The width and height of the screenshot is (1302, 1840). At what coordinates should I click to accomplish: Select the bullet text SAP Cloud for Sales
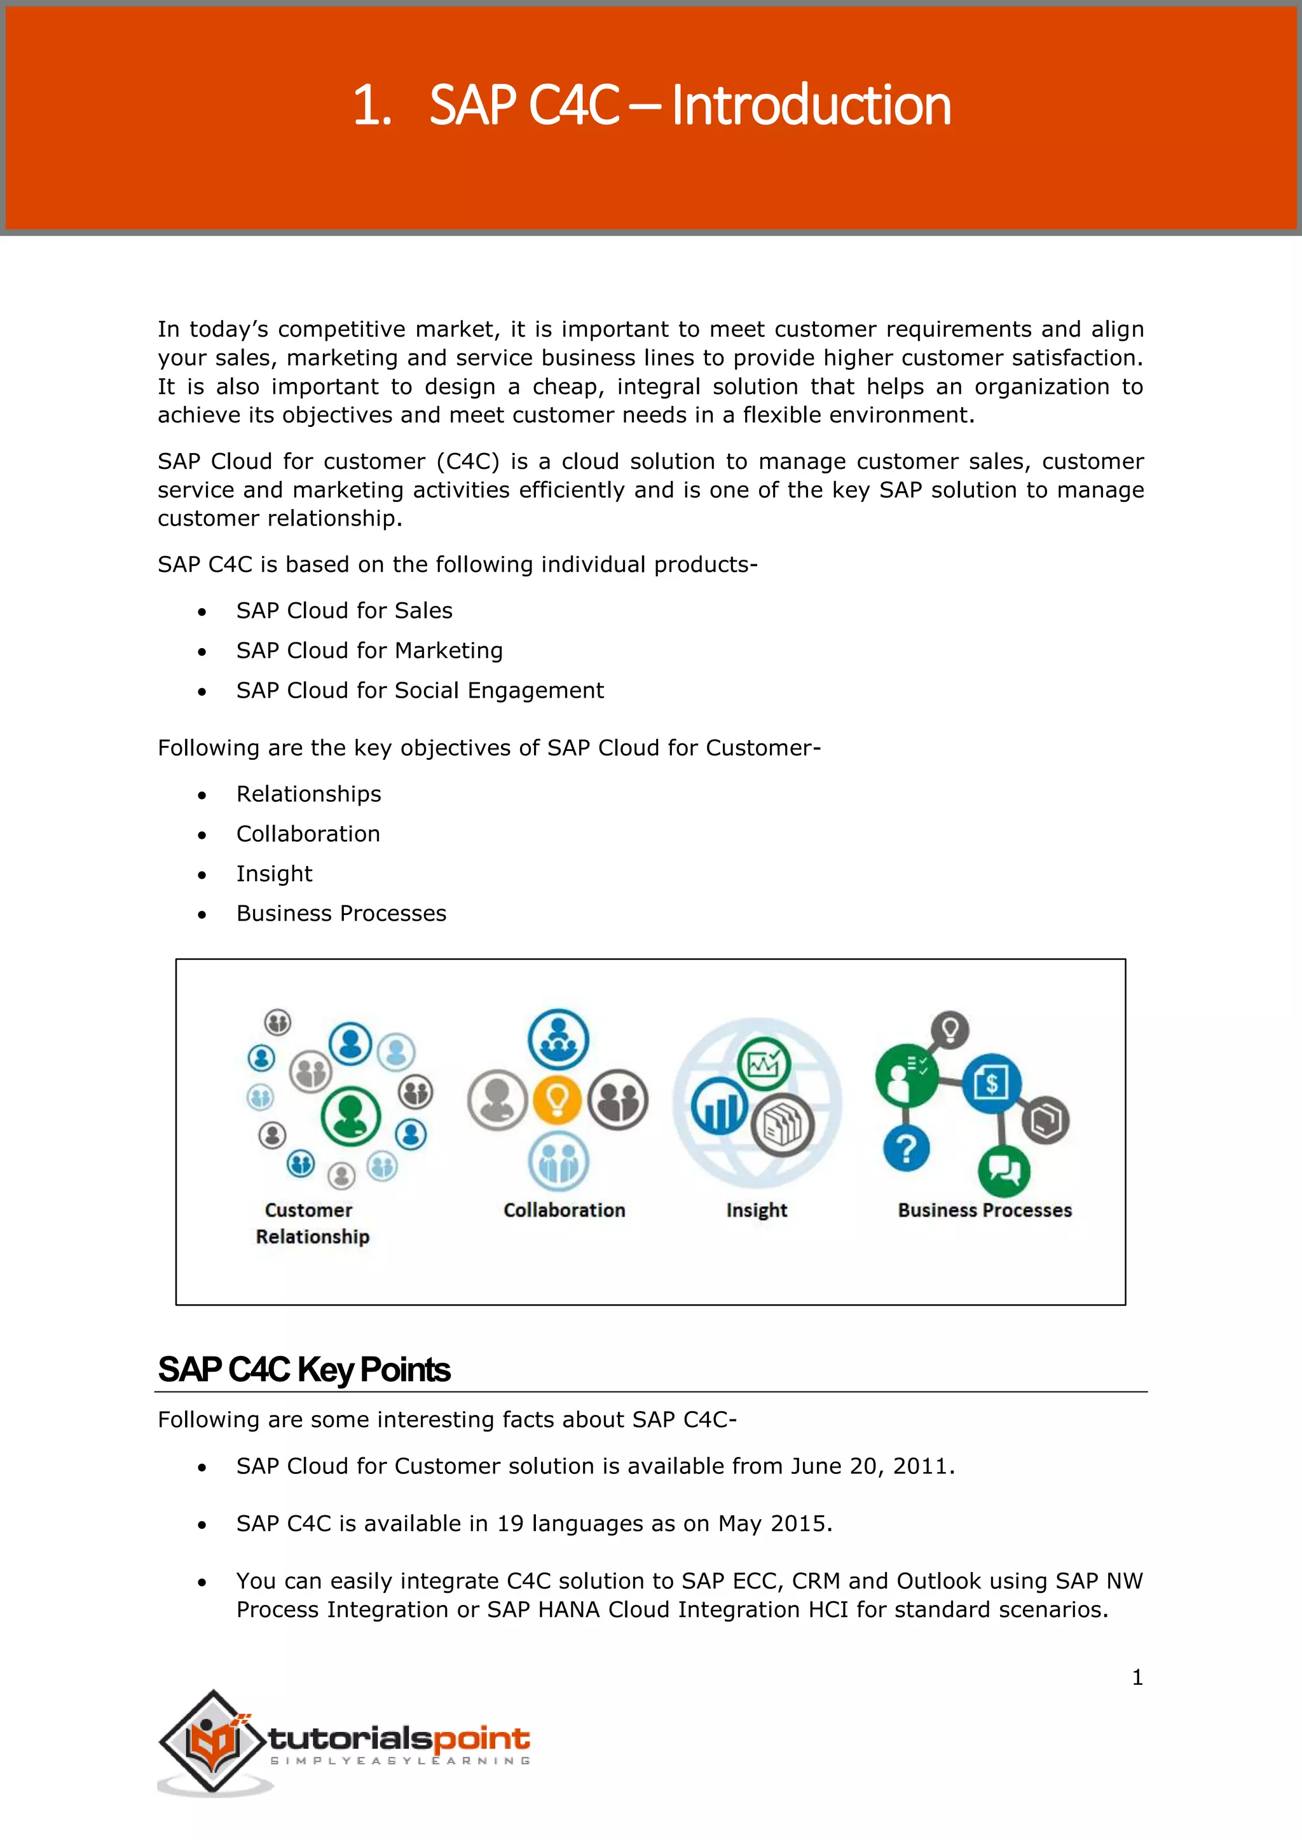pos(344,611)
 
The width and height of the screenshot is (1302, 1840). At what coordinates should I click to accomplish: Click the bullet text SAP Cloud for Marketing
pos(369,651)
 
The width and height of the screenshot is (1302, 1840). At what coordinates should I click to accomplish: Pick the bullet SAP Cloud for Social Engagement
pos(420,691)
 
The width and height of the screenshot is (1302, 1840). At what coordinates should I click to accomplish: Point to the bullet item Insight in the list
pos(274,874)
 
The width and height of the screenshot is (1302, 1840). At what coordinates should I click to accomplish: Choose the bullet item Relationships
pos(309,794)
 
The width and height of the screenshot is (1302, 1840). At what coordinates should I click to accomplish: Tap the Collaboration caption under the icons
pos(564,1210)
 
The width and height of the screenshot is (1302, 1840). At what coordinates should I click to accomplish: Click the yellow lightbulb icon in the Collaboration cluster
pos(557,1100)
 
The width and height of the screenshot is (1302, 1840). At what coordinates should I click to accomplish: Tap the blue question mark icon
pos(906,1149)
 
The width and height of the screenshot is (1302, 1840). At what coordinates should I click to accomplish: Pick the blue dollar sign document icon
pos(991,1083)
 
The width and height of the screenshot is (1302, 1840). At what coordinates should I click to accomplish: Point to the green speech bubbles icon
pos(1004,1171)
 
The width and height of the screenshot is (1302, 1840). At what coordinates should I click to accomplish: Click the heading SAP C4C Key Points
pos(304,1370)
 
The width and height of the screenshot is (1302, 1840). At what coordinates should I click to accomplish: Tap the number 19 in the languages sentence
pos(510,1524)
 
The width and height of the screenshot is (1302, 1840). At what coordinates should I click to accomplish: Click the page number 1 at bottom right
pos(1137,1677)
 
